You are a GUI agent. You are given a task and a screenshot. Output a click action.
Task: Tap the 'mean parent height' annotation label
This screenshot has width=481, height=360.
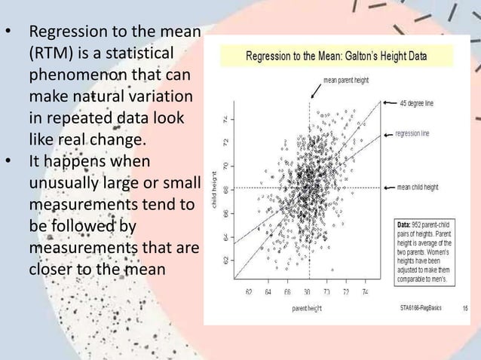coord(346,79)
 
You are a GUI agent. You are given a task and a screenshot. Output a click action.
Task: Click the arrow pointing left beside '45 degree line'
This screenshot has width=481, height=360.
coord(389,102)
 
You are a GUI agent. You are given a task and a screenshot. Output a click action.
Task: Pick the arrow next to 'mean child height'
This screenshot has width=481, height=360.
coord(390,187)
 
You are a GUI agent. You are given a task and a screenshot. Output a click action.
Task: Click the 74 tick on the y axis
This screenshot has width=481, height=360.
coord(223,119)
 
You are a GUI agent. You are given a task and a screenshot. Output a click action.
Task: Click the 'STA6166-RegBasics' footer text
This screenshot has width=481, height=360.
coord(423,307)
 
